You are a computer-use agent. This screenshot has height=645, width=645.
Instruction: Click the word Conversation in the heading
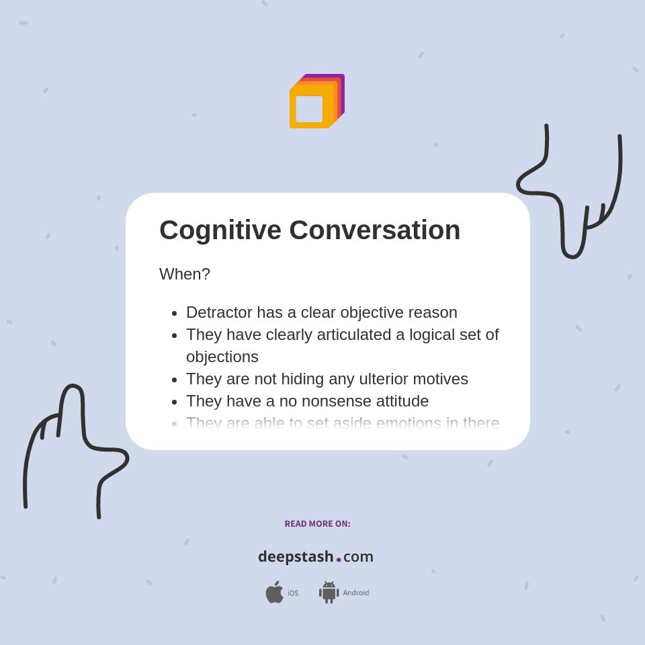pyautogui.click(x=374, y=230)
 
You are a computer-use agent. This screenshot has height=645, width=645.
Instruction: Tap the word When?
pyautogui.click(x=185, y=274)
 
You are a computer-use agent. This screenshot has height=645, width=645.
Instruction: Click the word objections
pyautogui.click(x=222, y=357)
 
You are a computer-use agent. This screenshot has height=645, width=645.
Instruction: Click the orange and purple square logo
pyautogui.click(x=316, y=101)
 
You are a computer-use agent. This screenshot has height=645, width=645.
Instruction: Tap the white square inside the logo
pyautogui.click(x=309, y=109)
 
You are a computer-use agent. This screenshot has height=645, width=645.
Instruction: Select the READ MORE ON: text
pyautogui.click(x=317, y=524)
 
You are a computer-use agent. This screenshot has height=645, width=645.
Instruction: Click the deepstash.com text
pyautogui.click(x=316, y=557)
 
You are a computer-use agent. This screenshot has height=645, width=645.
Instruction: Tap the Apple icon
pyautogui.click(x=274, y=593)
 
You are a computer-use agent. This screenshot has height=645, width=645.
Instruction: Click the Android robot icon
pyautogui.click(x=329, y=593)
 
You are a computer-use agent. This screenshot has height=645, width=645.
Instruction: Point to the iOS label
pyautogui.click(x=293, y=593)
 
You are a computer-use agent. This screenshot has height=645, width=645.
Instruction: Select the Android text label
pyautogui.click(x=355, y=593)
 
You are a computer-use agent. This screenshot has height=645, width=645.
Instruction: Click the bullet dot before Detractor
pyautogui.click(x=175, y=313)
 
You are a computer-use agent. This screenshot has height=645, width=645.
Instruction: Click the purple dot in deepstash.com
pyautogui.click(x=339, y=560)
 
